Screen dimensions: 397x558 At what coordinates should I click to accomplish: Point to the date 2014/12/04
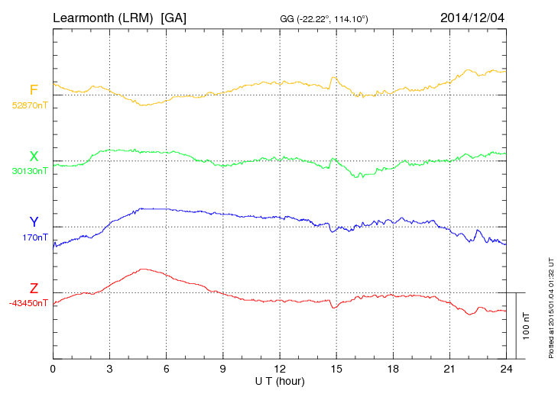[x=472, y=17]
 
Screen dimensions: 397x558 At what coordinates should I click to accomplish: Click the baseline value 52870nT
[x=30, y=105]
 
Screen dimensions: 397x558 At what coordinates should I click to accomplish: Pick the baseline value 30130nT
[x=30, y=171]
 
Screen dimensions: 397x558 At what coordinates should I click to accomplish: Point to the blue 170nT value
[x=35, y=237]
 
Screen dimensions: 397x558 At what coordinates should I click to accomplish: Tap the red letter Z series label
[x=34, y=289]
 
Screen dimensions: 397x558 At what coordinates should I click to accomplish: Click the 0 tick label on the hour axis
[x=53, y=369]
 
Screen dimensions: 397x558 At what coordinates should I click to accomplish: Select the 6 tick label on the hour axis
[x=166, y=369]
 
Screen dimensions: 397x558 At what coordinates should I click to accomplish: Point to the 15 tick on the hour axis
[x=336, y=369]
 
